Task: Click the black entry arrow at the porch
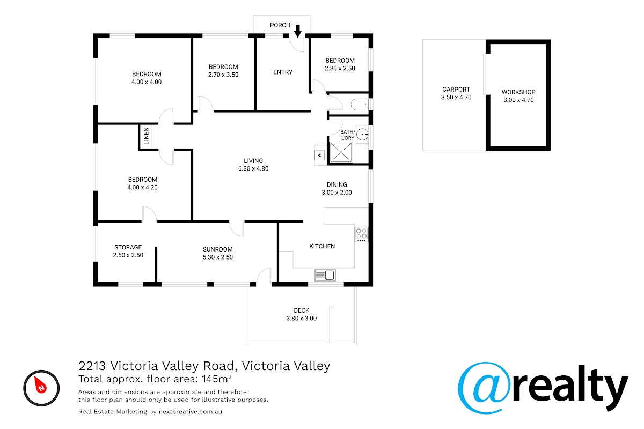click(x=298, y=31)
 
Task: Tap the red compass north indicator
click(x=40, y=384)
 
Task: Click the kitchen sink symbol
click(x=325, y=275)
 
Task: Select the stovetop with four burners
click(x=361, y=234)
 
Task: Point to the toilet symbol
click(x=360, y=105)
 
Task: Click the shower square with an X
click(x=341, y=152)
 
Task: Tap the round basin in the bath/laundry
click(x=362, y=135)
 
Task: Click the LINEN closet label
click(x=147, y=136)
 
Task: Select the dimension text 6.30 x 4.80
click(x=253, y=169)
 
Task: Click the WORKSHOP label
click(x=518, y=92)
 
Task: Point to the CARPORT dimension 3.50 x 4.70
click(x=456, y=98)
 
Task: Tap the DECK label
click(x=301, y=310)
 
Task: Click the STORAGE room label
click(x=128, y=247)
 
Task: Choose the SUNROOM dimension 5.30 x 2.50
click(x=218, y=257)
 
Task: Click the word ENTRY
click(x=283, y=72)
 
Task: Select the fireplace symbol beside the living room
click(x=320, y=156)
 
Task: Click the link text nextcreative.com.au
click(x=191, y=412)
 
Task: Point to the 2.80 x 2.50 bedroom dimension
click(x=340, y=69)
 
